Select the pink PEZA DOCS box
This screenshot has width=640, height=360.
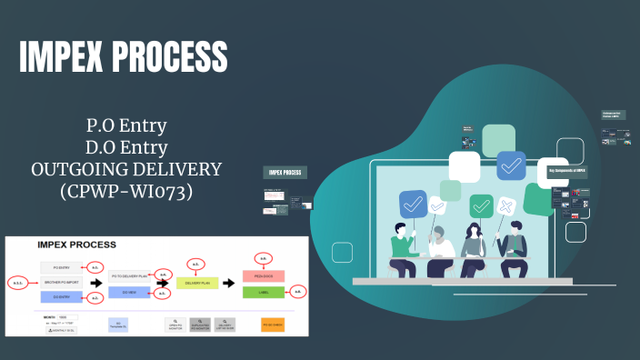pyautogui.click(x=263, y=275)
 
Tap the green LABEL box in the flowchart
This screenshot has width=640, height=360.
pyautogui.click(x=263, y=293)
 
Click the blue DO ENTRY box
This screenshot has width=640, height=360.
pyautogui.click(x=62, y=296)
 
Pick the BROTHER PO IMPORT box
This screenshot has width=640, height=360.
pyautogui.click(x=62, y=282)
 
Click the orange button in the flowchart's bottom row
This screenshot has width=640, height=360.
pyautogui.click(x=273, y=325)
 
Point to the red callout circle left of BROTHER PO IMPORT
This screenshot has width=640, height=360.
pyautogui.click(x=18, y=283)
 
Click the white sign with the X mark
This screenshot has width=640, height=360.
pyautogui.click(x=505, y=206)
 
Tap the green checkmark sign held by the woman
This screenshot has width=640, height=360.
pyautogui.click(x=481, y=205)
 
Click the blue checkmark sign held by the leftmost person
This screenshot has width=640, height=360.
pyautogui.click(x=413, y=203)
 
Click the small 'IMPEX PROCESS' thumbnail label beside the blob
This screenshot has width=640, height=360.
pyautogui.click(x=285, y=172)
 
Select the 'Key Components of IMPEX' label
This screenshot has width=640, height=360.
pyautogui.click(x=568, y=170)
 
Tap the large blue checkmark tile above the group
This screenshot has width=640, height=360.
pyautogui.click(x=512, y=166)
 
